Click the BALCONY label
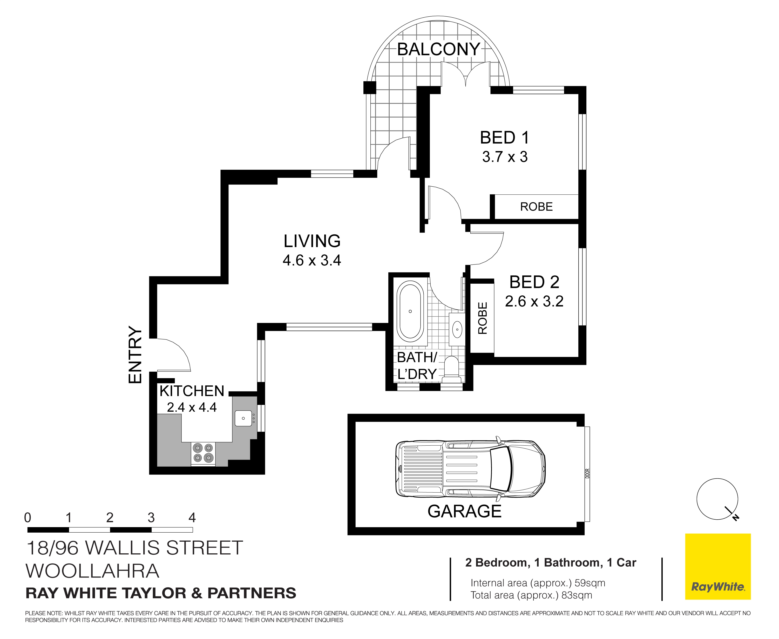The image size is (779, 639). (438, 49)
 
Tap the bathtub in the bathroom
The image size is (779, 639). (410, 311)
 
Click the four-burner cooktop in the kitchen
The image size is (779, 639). (203, 453)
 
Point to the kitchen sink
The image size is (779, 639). (243, 418)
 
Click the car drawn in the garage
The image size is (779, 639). (470, 468)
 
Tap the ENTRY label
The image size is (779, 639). (135, 355)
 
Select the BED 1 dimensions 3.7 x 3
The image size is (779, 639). (505, 157)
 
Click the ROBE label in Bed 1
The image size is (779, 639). (536, 207)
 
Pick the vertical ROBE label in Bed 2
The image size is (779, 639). (482, 318)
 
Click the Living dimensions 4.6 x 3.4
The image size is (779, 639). (312, 261)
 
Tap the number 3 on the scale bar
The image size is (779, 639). (151, 518)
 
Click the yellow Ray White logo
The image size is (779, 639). (717, 567)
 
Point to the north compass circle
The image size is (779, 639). (717, 499)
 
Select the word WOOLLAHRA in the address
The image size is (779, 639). (92, 571)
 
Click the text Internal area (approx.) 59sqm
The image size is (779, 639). (538, 583)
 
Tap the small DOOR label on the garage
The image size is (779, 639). (587, 473)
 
